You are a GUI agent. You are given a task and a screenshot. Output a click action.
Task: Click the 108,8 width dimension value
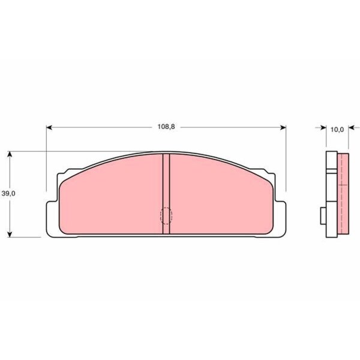[166, 127]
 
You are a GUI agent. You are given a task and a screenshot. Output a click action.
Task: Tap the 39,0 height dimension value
[8, 194]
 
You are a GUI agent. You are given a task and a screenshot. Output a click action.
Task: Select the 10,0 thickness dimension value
[337, 130]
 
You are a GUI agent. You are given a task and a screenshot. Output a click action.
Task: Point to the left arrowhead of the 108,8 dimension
[49, 127]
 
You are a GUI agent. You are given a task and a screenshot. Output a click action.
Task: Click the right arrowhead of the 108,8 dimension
[283, 127]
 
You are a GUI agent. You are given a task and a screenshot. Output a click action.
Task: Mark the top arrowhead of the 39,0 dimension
[10, 154]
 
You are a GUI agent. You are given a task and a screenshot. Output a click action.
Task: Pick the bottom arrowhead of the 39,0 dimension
[10, 234]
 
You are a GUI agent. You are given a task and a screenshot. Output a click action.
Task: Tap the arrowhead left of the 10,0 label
[323, 127]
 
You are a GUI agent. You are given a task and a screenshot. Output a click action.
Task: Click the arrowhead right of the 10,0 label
[351, 127]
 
